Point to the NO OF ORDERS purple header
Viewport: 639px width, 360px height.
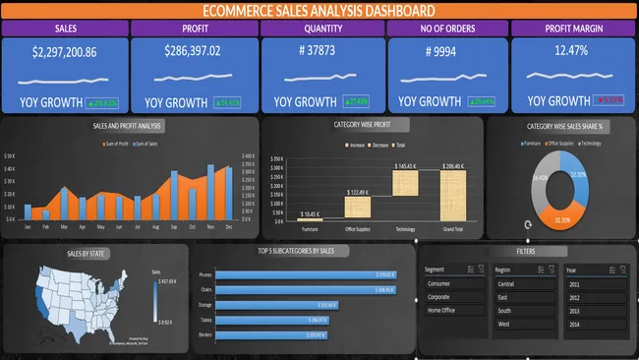pyautogui.click(x=446, y=29)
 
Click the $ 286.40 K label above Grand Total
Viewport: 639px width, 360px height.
pyautogui.click(x=453, y=167)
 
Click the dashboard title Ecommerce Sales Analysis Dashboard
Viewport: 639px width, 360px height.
pyautogui.click(x=319, y=10)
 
